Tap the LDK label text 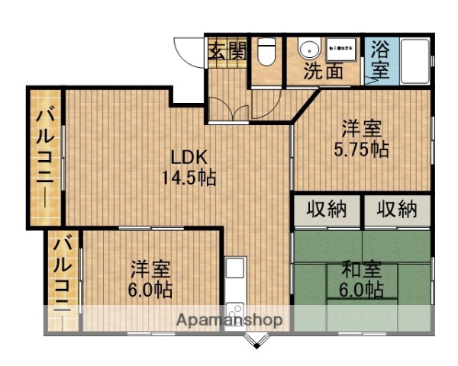pyautogui.click(x=189, y=158)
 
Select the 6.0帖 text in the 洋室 pyautogui.click(x=150, y=290)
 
